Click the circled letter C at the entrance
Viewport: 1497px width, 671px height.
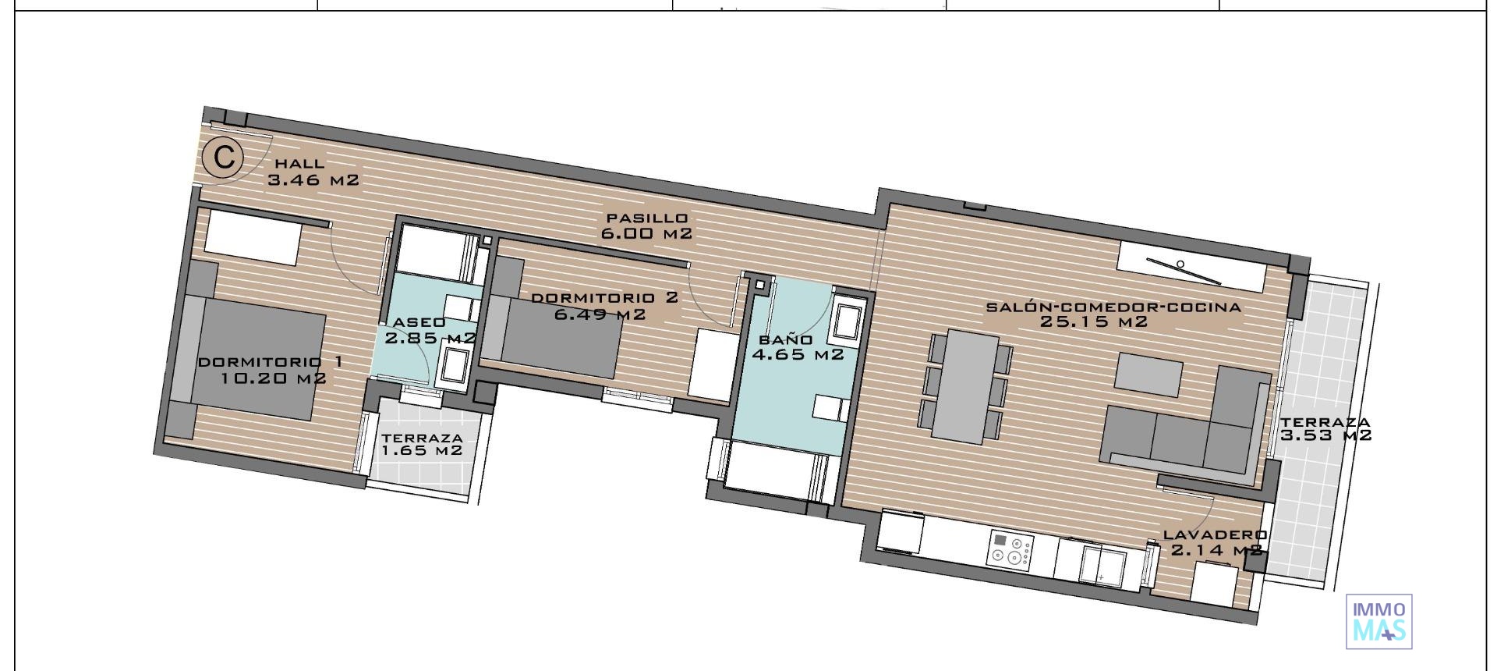(x=223, y=158)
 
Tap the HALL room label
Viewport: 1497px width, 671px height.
(x=299, y=164)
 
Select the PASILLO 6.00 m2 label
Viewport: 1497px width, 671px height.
(x=647, y=225)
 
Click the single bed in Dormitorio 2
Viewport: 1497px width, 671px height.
(x=557, y=343)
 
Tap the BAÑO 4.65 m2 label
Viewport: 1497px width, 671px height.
(x=797, y=347)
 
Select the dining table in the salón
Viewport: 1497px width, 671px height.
(x=965, y=384)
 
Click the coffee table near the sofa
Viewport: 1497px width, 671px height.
(x=1148, y=371)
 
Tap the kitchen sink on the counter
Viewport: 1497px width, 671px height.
(x=1102, y=563)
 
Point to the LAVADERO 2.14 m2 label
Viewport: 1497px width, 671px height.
(x=1215, y=542)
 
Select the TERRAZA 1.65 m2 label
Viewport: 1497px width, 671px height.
(x=422, y=445)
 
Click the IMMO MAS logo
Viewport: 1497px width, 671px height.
(x=1379, y=621)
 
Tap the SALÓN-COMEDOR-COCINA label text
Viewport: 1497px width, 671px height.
(x=1113, y=307)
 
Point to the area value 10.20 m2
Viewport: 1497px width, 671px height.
(x=273, y=379)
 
